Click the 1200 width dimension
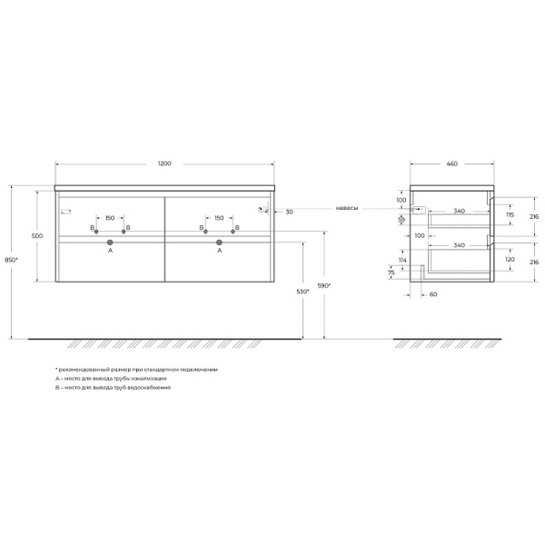tap(164, 163)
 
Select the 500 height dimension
tap(37, 235)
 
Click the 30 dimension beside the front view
tap(288, 211)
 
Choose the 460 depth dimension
tap(451, 163)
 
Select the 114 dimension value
tap(402, 261)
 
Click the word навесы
tap(347, 208)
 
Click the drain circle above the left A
tap(110, 243)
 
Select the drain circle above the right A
tap(219, 243)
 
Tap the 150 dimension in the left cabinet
tap(110, 218)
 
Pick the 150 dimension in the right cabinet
tap(219, 218)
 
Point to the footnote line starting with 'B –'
tap(113, 388)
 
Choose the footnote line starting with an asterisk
tap(136, 370)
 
